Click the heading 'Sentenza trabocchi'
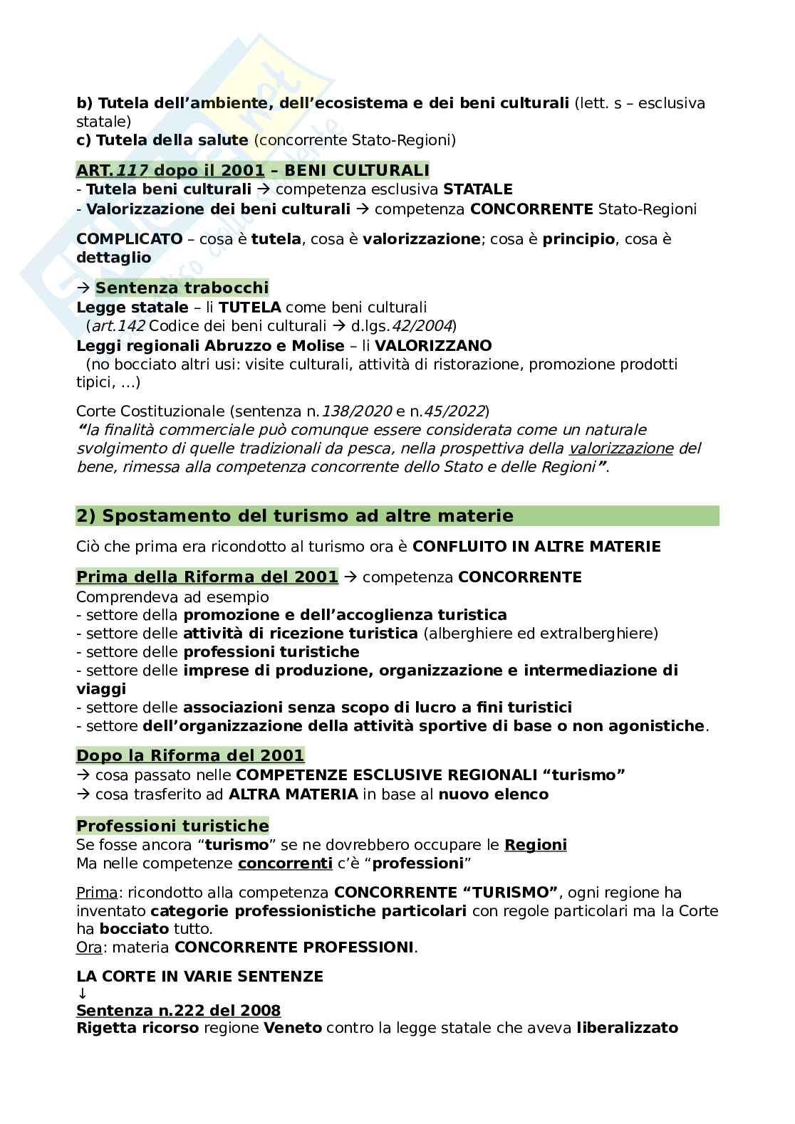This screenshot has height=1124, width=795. (x=182, y=288)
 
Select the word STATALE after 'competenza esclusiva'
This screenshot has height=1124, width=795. (x=477, y=189)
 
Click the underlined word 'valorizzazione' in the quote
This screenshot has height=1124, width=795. (x=621, y=448)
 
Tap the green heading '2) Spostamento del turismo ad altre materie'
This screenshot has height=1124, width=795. (x=294, y=515)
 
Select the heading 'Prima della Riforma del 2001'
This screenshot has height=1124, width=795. (x=207, y=577)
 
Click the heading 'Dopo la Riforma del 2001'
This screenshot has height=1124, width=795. (x=190, y=755)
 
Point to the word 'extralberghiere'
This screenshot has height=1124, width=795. (x=599, y=634)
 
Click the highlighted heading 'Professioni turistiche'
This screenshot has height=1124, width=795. (x=172, y=826)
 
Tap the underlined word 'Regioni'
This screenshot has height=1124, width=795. (x=535, y=845)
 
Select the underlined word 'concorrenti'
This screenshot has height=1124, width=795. (x=285, y=863)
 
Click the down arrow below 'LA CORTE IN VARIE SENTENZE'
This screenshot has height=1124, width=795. (x=81, y=994)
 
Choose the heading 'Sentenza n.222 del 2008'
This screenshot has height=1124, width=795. (x=178, y=1011)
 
